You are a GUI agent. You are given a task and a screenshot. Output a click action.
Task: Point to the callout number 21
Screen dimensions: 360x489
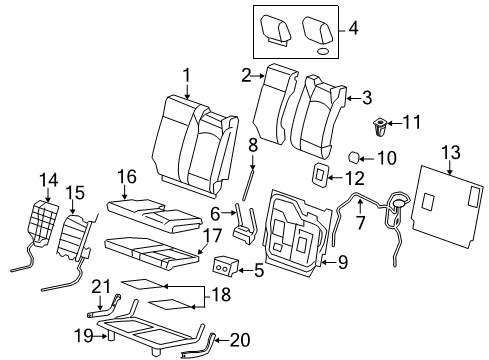coord(101,288)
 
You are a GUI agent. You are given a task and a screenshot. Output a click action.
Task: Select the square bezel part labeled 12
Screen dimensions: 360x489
coord(318,176)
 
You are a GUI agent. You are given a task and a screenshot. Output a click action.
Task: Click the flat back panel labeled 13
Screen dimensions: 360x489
coord(446,206)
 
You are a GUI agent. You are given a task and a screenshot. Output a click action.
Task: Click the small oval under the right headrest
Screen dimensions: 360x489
coord(323,49)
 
